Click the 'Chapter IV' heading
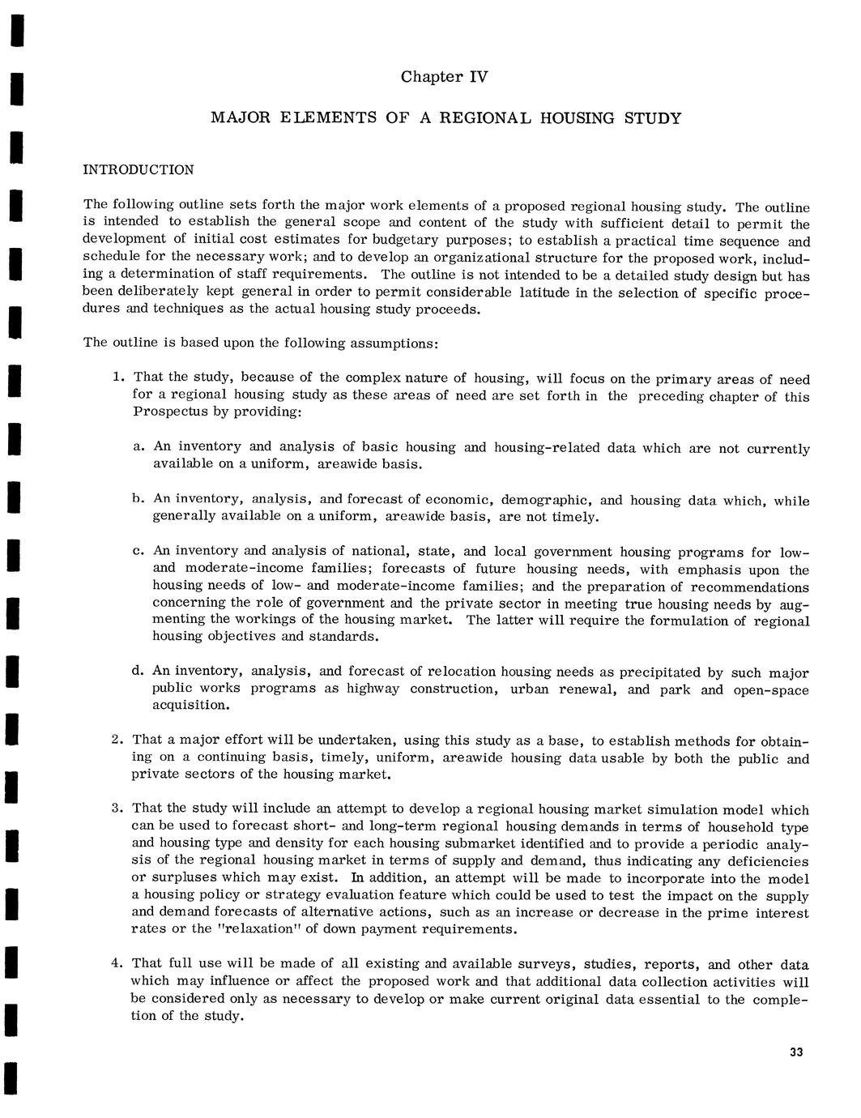[445, 78]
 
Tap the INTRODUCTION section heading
[139, 170]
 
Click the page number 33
[795, 1052]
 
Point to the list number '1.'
[118, 378]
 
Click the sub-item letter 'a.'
[139, 446]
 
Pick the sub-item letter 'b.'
[139, 499]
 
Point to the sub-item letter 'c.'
[139, 552]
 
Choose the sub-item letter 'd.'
[138, 671]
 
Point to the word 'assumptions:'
[394, 344]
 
